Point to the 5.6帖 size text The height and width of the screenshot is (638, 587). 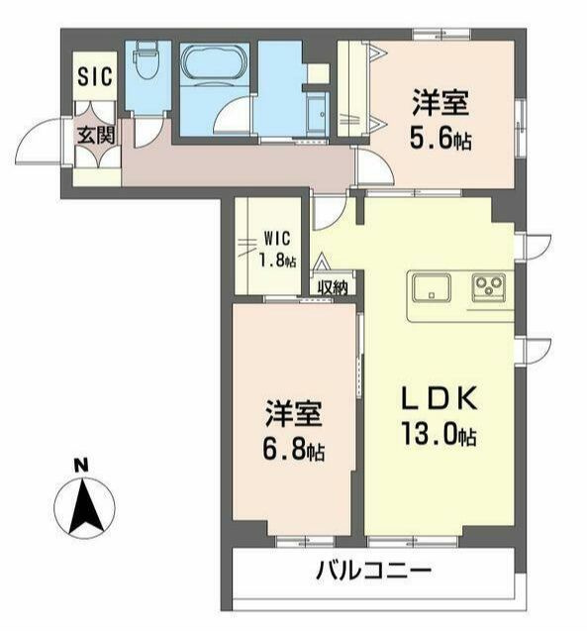click(439, 140)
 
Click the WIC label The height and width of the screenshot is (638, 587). click(276, 239)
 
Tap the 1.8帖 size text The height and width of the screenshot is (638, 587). click(276, 263)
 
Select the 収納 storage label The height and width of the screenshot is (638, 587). click(334, 287)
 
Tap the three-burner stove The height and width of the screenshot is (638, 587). click(489, 286)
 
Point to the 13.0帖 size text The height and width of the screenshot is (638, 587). click(440, 435)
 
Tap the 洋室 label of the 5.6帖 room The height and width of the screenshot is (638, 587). click(440, 103)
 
